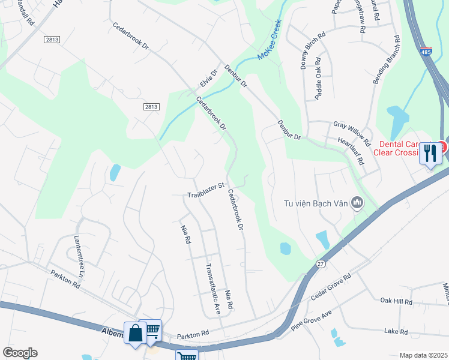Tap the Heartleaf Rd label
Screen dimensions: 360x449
pyautogui.click(x=352, y=151)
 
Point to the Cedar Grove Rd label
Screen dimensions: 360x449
pyautogui.click(x=330, y=287)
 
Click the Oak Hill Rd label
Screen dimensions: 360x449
pyautogui.click(x=396, y=301)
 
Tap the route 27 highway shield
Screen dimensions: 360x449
pyautogui.click(x=322, y=263)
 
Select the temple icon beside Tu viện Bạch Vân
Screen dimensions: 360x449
pyautogui.click(x=358, y=203)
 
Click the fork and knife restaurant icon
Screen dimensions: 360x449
pyautogui.click(x=430, y=154)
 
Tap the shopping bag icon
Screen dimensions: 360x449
pyautogui.click(x=135, y=333)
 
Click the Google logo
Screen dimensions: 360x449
pyautogui.click(x=19, y=353)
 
